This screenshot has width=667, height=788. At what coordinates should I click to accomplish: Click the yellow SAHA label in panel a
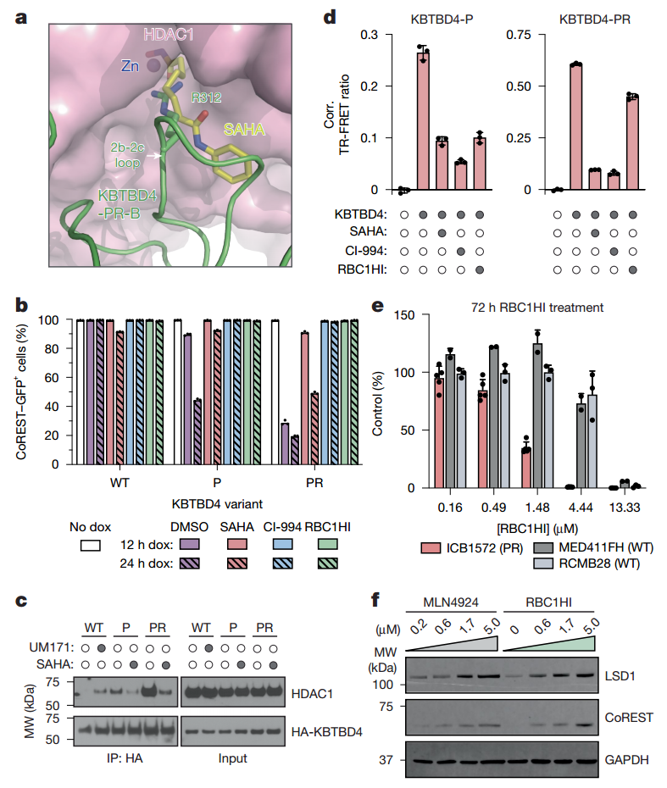243,130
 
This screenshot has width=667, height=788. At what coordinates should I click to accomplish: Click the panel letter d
335,16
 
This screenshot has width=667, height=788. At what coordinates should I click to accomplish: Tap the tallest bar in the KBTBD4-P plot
423,120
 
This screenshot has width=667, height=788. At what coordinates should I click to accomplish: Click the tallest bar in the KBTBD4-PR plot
576,126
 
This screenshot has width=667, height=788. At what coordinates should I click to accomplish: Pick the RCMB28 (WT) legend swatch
542,562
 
